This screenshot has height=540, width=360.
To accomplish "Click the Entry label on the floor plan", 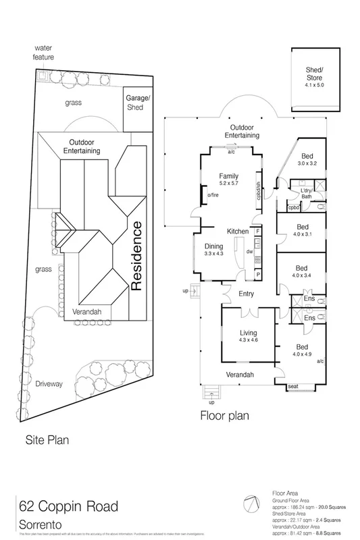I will point(246,292).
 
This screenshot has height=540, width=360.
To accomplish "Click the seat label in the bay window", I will point(293,385).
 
